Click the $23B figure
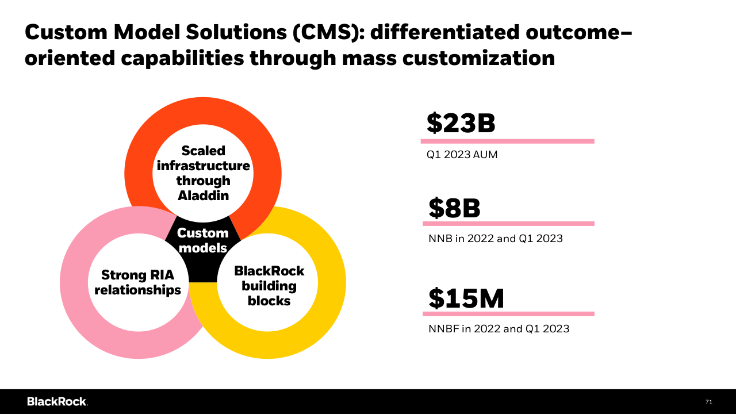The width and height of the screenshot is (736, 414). click(461, 124)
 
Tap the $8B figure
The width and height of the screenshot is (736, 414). click(454, 208)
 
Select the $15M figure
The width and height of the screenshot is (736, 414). click(466, 298)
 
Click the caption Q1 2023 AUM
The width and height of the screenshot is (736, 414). click(462, 155)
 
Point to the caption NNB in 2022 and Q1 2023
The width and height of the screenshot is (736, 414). click(495, 238)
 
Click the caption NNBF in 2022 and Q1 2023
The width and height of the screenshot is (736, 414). click(499, 329)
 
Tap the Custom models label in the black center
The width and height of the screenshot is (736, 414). click(202, 241)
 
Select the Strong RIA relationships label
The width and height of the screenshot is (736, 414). click(137, 282)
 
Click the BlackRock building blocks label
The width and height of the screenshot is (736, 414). click(269, 286)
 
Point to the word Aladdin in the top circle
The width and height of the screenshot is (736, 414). click(203, 195)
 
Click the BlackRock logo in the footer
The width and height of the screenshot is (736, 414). click(57, 401)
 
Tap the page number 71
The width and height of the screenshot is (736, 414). click(708, 402)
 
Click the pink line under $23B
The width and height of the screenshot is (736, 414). click(507, 141)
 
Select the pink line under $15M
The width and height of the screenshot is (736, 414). click(508, 314)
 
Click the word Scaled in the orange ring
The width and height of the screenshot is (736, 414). click(203, 151)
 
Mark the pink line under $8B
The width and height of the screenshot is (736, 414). click(508, 224)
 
